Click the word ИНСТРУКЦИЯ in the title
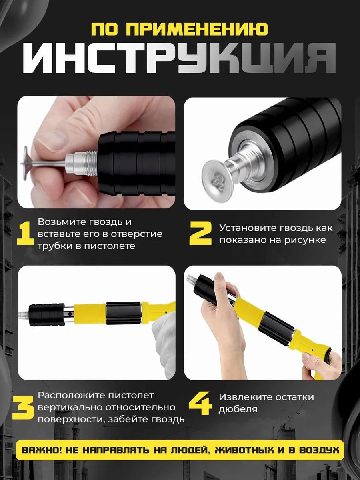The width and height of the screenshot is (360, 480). [x=180, y=58]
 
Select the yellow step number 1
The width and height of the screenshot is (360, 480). [x=25, y=234]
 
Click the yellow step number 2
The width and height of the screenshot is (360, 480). [x=200, y=233]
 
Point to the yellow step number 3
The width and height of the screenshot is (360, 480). [x=23, y=406]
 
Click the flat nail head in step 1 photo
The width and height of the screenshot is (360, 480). [x=26, y=162]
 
